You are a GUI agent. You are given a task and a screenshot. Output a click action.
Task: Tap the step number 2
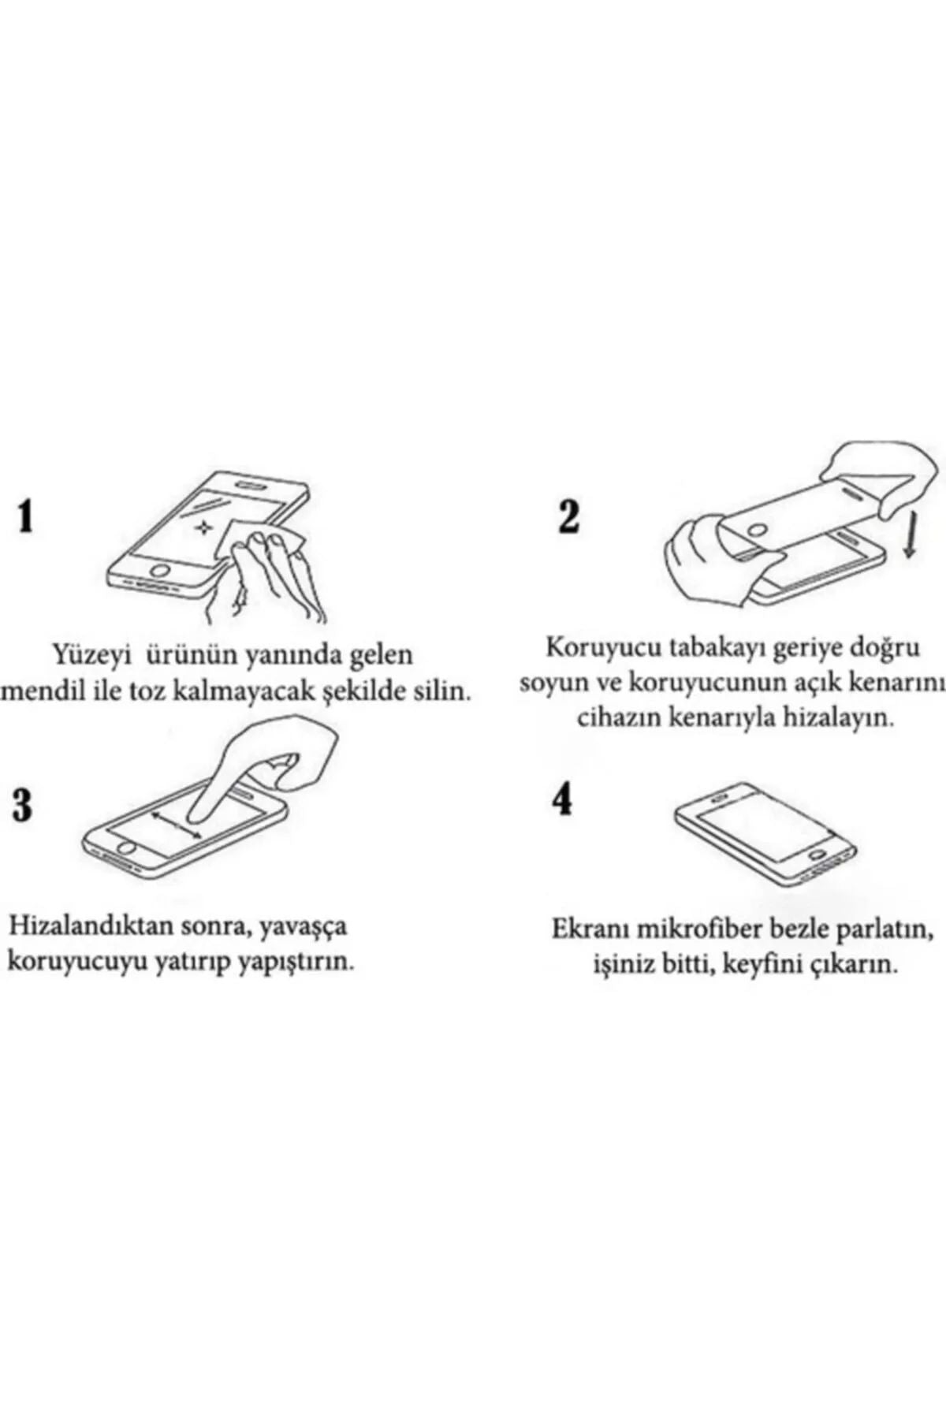coord(568,517)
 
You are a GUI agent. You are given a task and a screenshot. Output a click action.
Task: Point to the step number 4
coord(562,799)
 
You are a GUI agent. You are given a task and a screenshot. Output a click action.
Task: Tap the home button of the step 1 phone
coord(161,568)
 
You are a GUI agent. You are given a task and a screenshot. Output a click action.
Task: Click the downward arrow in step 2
coord(910,539)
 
